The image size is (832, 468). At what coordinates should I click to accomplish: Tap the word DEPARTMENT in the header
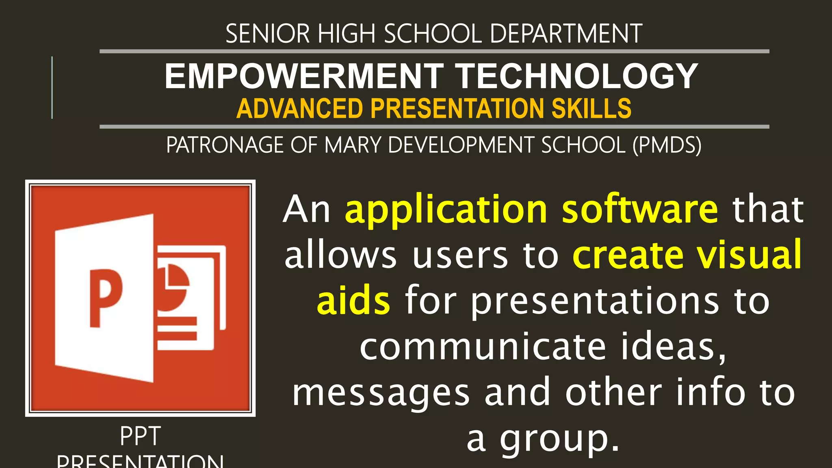point(566,34)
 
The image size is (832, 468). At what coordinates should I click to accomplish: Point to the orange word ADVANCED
point(299,108)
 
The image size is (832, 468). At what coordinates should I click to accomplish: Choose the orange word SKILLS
point(591,108)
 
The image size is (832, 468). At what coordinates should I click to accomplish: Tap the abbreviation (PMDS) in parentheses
point(667,145)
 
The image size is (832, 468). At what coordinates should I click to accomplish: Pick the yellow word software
point(640,210)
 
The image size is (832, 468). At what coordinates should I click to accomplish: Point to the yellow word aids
point(353,301)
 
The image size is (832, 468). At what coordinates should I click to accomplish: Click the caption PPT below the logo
point(140,436)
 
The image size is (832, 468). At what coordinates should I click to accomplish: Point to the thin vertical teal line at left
point(52,88)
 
